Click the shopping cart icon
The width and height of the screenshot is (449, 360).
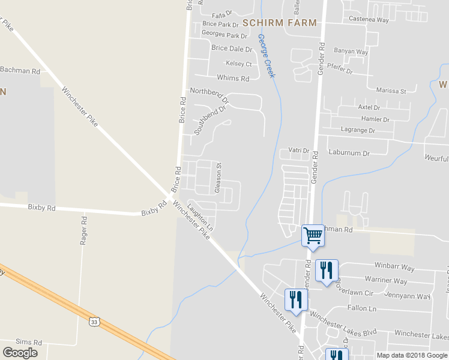[x=313, y=235]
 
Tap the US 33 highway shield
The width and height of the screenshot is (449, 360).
[x=94, y=322]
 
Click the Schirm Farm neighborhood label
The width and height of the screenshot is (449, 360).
[x=279, y=22]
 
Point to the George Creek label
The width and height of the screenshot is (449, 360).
[x=267, y=55]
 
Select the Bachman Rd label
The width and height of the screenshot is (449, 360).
[x=20, y=71]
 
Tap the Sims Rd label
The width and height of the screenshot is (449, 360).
[x=29, y=342]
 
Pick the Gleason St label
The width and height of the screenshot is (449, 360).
[x=220, y=174]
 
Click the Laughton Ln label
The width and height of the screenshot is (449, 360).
[x=200, y=217]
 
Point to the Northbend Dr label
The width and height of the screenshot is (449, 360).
[x=209, y=94]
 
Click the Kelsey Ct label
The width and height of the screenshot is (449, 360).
[x=238, y=64]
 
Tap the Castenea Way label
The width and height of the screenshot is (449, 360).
[x=370, y=20]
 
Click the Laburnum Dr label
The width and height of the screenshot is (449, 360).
[x=349, y=153]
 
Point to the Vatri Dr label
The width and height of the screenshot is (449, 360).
[x=298, y=151]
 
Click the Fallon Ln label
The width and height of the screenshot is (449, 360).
[x=361, y=308]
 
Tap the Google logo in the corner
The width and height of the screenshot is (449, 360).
[x=20, y=353]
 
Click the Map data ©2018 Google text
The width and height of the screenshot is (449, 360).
[x=412, y=355]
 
